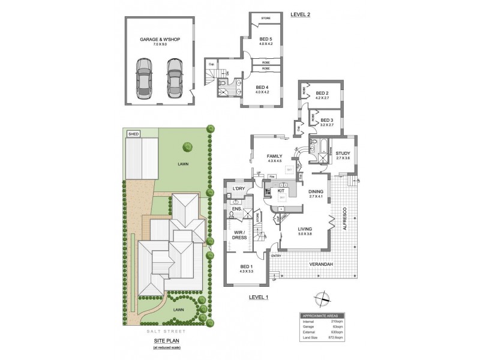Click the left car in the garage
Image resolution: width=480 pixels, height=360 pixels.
144,77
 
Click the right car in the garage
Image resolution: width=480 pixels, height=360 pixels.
174,77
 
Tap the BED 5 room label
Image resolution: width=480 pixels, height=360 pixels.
266,39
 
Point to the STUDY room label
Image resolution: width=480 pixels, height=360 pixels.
343,154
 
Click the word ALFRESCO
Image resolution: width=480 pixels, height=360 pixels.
345,220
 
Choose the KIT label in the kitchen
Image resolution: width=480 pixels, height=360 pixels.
281,191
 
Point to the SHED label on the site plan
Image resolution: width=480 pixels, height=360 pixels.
133,134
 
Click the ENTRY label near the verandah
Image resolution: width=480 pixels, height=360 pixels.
276,256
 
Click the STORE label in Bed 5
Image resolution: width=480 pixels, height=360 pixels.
266,19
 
